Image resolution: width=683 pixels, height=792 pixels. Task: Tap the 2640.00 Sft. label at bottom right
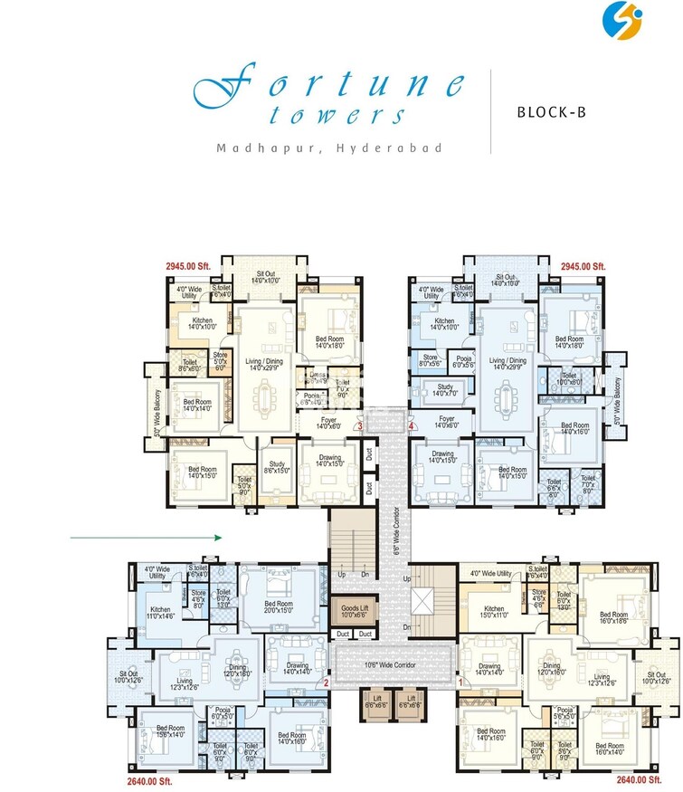pyautogui.click(x=638, y=778)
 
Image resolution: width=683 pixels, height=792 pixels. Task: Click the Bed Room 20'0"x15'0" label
pyautogui.click(x=278, y=608)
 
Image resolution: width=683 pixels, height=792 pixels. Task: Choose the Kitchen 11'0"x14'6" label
pyautogui.click(x=162, y=614)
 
